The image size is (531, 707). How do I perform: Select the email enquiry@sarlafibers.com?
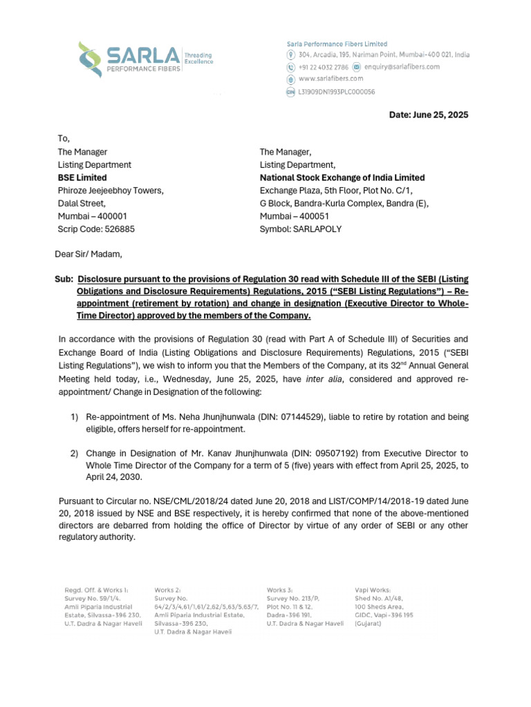click(x=402, y=67)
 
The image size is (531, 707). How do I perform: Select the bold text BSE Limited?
click(x=82, y=177)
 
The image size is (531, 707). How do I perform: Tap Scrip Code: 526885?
click(x=95, y=228)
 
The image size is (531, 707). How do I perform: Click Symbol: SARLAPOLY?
click(x=300, y=228)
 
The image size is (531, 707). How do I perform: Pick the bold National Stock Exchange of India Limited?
click(x=342, y=177)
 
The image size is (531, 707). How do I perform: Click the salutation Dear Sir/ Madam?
click(x=88, y=253)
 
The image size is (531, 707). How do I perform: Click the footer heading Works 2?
click(x=167, y=590)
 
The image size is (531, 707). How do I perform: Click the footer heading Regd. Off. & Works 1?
click(x=96, y=590)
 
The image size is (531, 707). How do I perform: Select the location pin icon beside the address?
click(x=291, y=55)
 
